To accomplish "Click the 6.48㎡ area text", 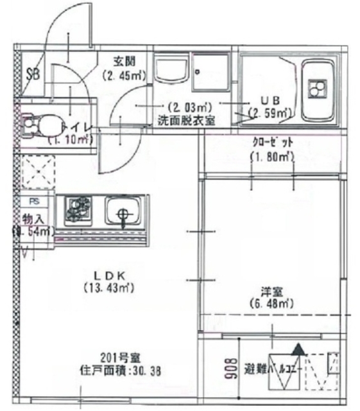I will tap(269, 303).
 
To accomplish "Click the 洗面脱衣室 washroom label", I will tap(186, 119).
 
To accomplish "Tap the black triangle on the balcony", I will tap(298, 351).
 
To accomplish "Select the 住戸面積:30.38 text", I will tap(120, 371).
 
